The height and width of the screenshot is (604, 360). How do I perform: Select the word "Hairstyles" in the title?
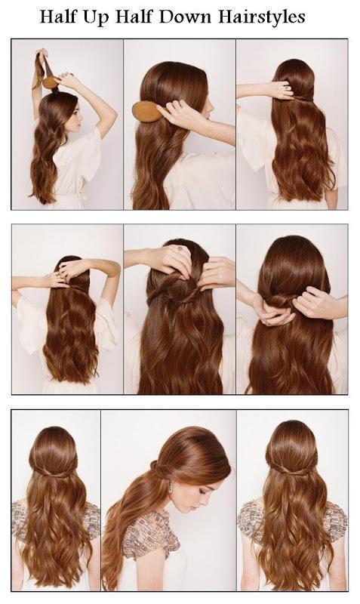262,17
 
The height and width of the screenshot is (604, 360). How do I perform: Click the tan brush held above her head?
51,82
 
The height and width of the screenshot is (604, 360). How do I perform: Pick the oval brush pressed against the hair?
146,111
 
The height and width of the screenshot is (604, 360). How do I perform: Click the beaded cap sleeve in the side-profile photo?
149,535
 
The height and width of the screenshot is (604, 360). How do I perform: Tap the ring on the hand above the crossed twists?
180,249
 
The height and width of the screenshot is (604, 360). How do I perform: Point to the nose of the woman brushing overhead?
82,116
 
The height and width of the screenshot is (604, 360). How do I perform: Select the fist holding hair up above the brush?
42,54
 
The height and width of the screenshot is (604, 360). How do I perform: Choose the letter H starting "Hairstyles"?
226,17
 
